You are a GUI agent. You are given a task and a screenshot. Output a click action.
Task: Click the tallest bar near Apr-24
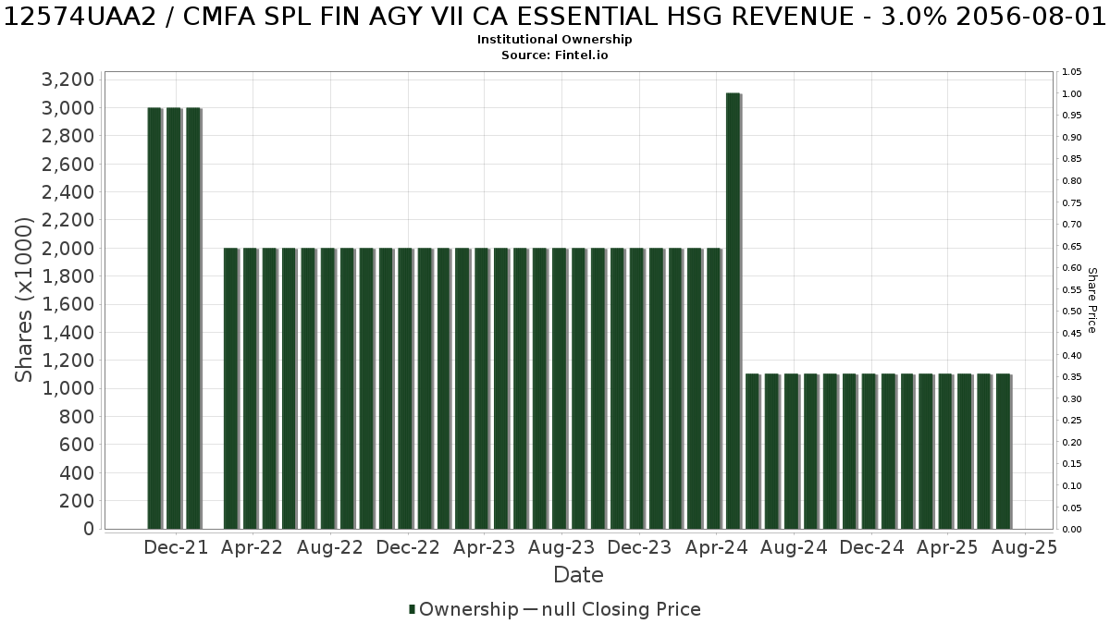tap(733, 311)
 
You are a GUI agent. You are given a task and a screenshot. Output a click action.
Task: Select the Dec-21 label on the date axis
tap(176, 547)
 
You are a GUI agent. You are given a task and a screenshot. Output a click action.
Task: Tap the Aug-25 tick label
tap(1024, 547)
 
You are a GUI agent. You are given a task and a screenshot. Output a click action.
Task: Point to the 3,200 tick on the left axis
tap(68, 80)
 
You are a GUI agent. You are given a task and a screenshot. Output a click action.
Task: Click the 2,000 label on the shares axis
tap(68, 248)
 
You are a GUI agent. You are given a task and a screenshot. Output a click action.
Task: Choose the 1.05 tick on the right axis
tap(1071, 72)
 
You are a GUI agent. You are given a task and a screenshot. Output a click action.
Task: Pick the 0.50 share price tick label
tap(1071, 312)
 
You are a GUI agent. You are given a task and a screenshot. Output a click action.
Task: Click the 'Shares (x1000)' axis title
tap(23, 300)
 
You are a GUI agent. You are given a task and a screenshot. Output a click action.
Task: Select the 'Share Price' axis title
tap(1091, 300)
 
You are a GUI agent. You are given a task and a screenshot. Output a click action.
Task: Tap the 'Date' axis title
tap(578, 575)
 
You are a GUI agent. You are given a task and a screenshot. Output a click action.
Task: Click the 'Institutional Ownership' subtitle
tap(554, 40)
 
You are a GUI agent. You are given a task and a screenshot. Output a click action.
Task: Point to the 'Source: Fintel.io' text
tap(554, 55)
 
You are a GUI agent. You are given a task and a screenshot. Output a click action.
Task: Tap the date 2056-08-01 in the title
tap(1030, 17)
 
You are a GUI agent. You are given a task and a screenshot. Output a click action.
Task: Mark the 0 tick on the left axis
tap(89, 529)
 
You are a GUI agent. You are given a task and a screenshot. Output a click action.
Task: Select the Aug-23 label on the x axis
tap(561, 547)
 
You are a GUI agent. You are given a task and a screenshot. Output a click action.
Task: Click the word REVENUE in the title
tap(800, 17)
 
